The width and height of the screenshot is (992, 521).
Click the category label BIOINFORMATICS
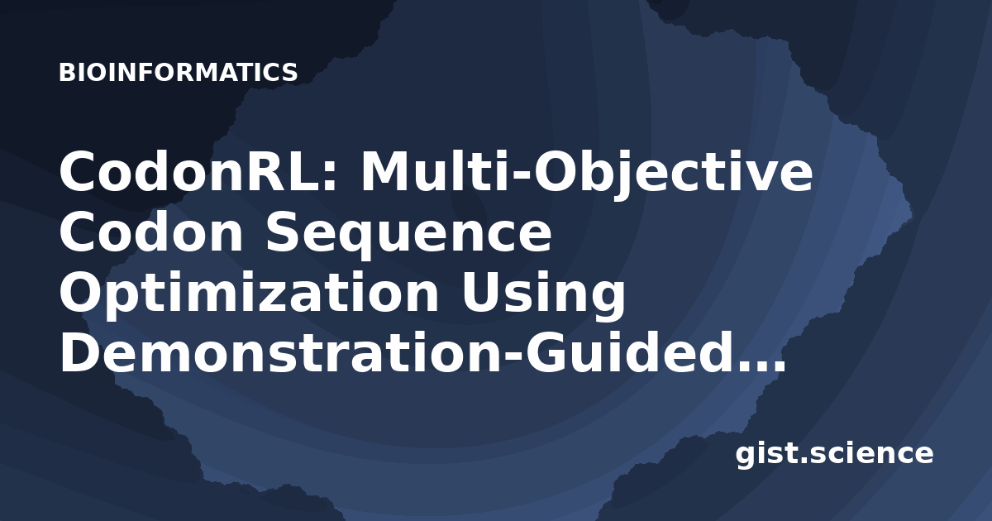(178, 73)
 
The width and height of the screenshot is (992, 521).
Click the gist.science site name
(834, 455)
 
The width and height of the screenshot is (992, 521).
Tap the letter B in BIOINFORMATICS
(66, 73)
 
